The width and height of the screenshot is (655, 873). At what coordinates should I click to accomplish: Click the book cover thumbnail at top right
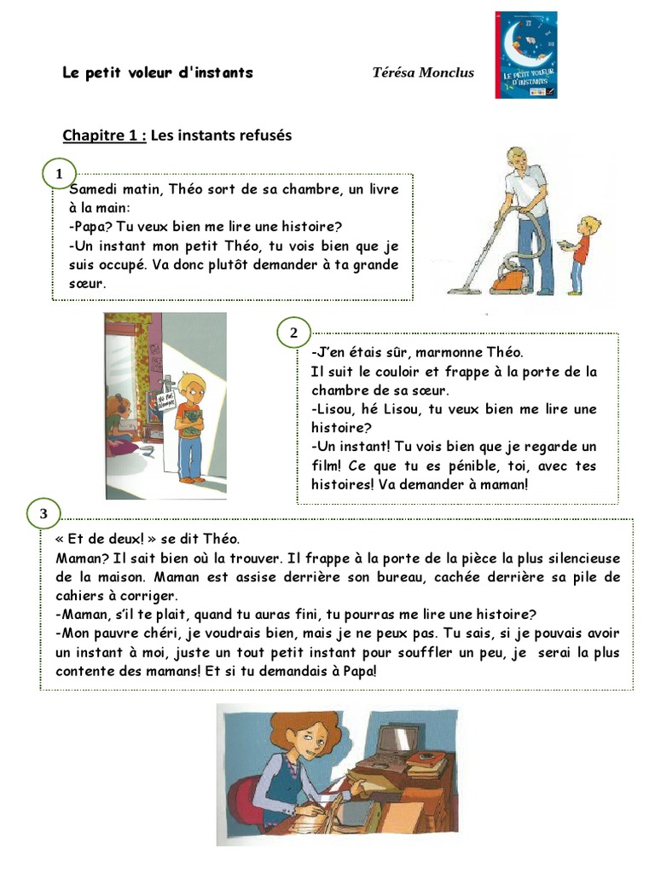click(x=525, y=55)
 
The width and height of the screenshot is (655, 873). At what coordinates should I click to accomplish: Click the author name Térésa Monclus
click(x=422, y=72)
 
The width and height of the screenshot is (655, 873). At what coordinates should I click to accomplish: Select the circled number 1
click(x=59, y=175)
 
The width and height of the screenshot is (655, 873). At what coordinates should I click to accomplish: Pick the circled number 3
click(x=43, y=513)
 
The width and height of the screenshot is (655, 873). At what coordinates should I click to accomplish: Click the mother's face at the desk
click(x=304, y=742)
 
